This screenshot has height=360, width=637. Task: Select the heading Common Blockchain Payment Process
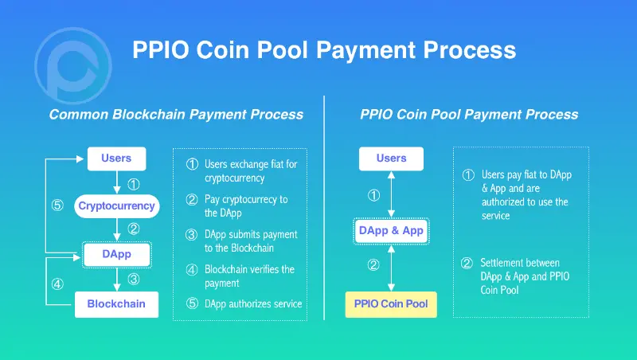point(176,115)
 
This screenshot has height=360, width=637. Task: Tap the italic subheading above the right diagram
point(469,115)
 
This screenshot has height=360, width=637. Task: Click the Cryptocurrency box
point(116,206)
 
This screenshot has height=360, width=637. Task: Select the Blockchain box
point(116,304)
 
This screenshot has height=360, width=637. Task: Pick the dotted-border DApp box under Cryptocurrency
point(116,255)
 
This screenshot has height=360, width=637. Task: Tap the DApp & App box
point(392,231)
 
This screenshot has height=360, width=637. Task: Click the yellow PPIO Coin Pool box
point(391,304)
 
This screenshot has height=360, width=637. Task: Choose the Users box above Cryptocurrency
point(116,158)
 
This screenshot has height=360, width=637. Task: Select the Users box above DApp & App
point(391,158)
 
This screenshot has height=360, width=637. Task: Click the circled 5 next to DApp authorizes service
point(192,303)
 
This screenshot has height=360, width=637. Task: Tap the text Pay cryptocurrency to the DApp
point(246,206)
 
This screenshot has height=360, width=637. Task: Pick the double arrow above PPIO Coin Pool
point(391,267)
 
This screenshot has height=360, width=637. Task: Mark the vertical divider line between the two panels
point(324,207)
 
